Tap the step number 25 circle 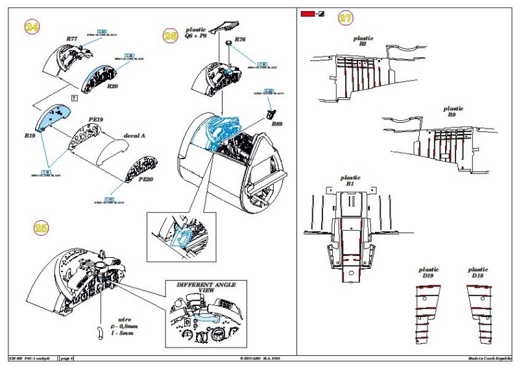(42, 228)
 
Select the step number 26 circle (171, 36)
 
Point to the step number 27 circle (346, 18)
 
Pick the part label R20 (112, 86)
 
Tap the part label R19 (29, 136)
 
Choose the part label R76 (240, 40)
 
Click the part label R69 (277, 123)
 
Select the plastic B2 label (363, 42)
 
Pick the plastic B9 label (453, 112)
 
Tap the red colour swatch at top (306, 14)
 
